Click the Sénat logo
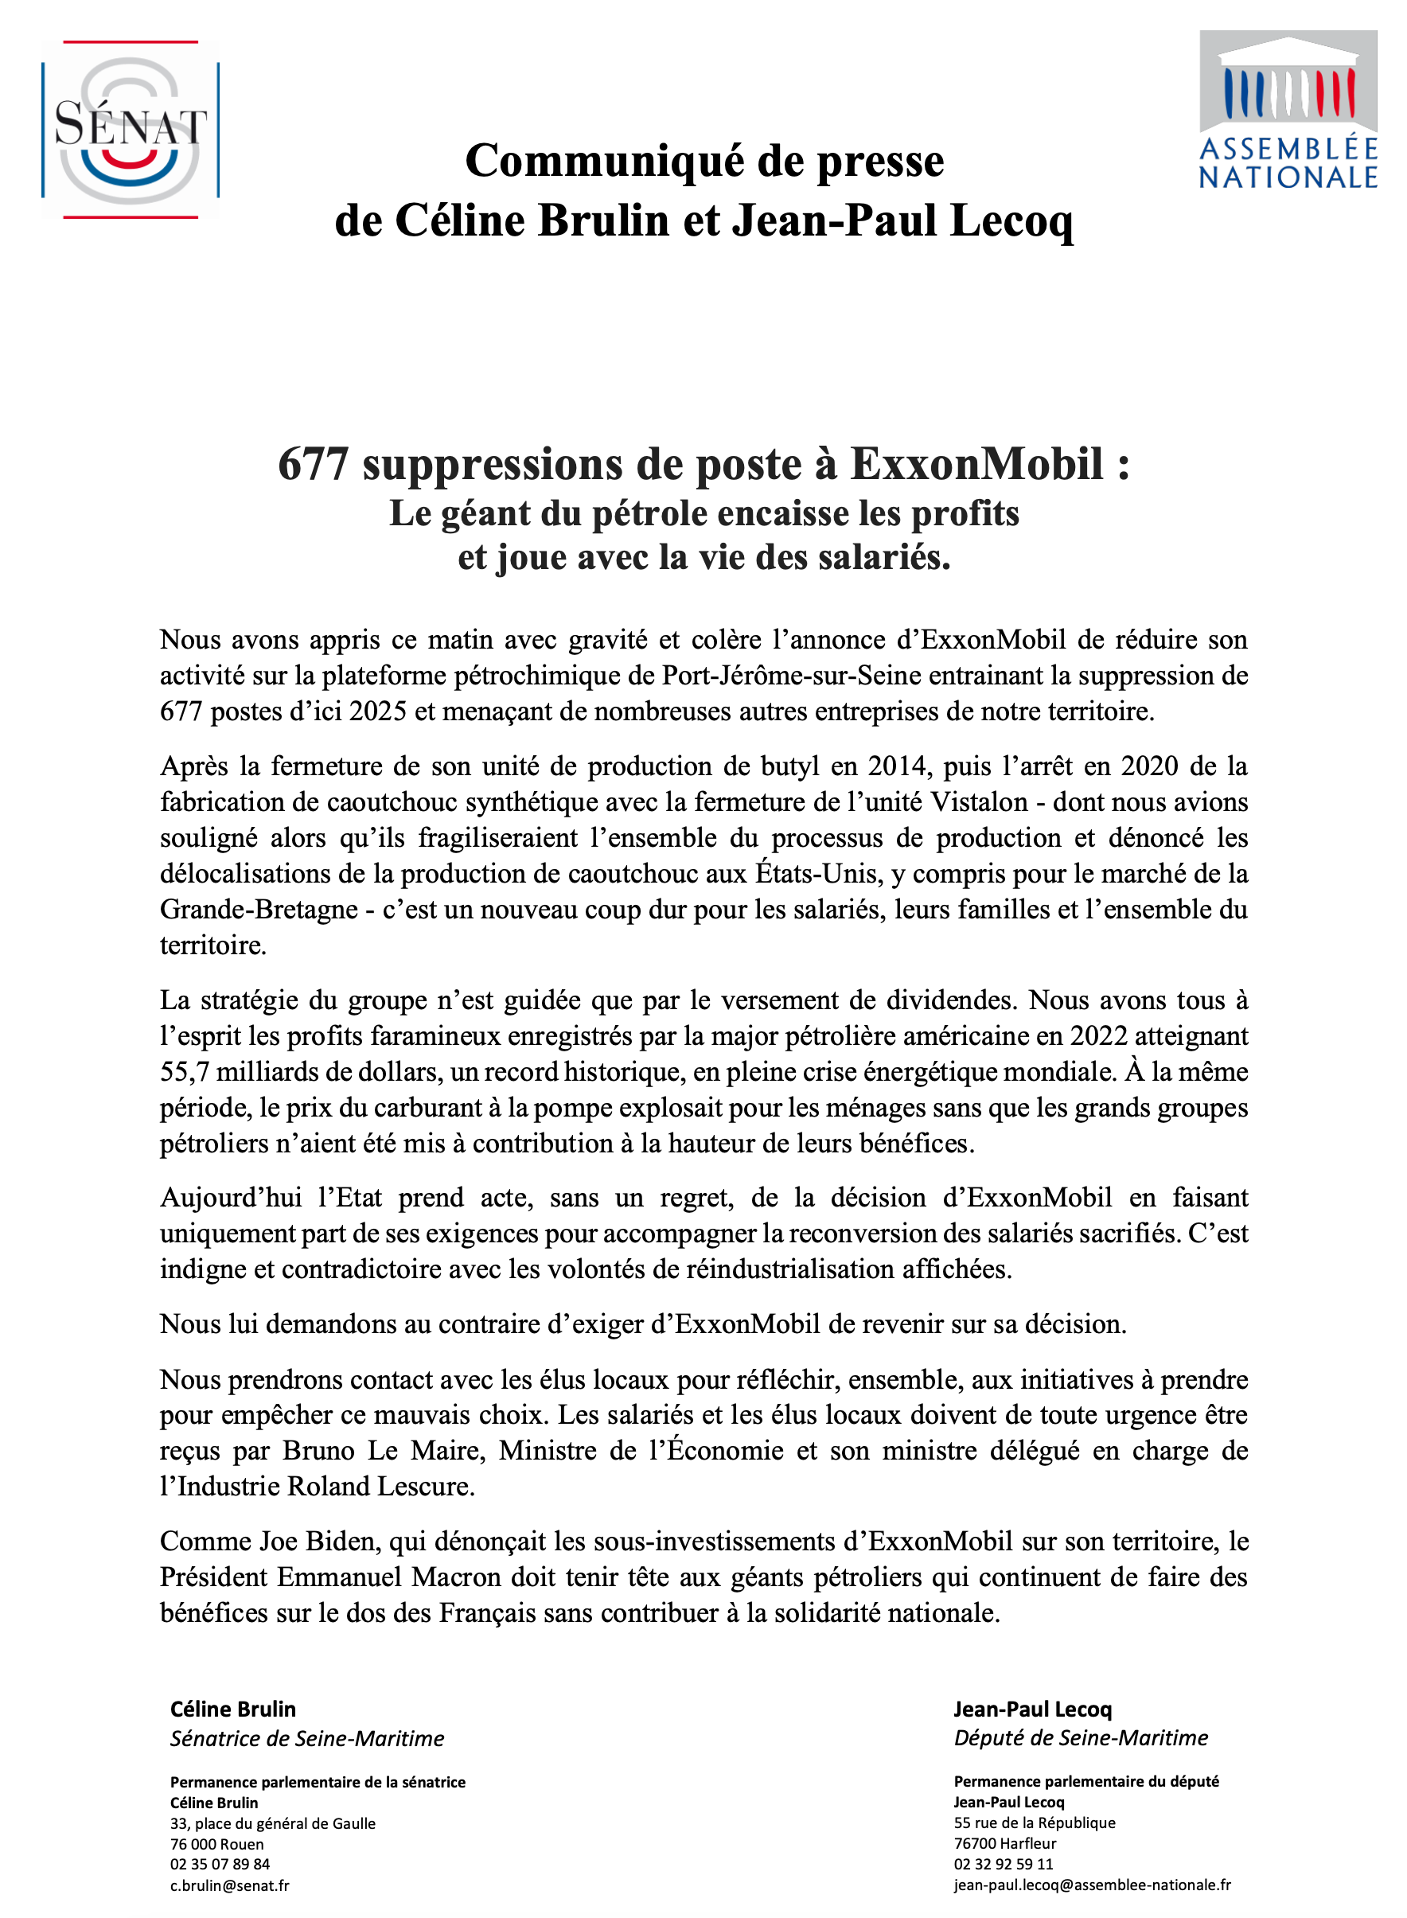click(131, 130)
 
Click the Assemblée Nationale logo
click(1287, 110)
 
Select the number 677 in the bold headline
click(313, 465)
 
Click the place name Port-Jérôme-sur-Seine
click(791, 676)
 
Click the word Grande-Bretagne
click(258, 910)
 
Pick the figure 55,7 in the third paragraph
click(185, 1071)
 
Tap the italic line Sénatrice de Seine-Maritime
click(306, 1738)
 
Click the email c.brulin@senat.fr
click(230, 1885)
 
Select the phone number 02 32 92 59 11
click(1004, 1864)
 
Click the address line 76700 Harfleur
click(1005, 1843)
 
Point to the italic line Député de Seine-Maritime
click(1080, 1737)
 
